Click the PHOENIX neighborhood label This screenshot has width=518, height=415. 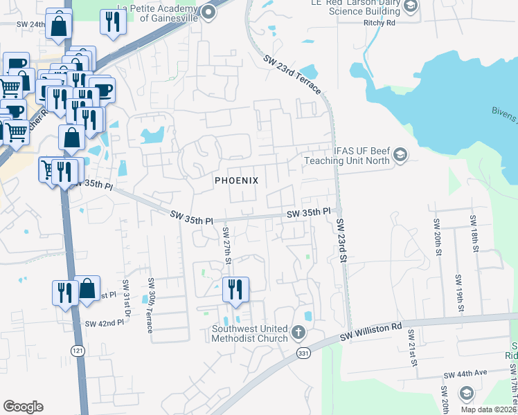pos(236,181)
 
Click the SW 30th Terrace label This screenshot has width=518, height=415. pos(150,306)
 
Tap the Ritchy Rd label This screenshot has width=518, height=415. pos(379,22)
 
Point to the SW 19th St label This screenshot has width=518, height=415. pos(458,291)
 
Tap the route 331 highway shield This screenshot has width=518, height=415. pos(303,353)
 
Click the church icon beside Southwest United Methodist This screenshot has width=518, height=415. pos(298,333)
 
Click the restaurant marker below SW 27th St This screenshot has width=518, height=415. pos(235,290)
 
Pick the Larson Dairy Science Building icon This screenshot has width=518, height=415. pos(411,7)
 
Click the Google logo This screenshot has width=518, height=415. pos(23,407)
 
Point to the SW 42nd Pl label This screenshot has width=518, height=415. pos(100,324)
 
